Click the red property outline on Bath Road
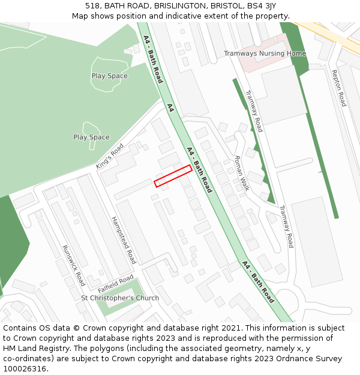(x=173, y=176)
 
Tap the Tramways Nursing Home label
(x=265, y=53)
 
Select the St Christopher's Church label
(x=120, y=298)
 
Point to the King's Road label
(x=110, y=156)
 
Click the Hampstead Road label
(x=124, y=240)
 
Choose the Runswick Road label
(x=74, y=265)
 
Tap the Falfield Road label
(x=116, y=281)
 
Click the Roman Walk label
(x=242, y=173)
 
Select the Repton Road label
(x=339, y=88)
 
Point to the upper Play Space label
(x=109, y=76)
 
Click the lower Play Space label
(x=91, y=137)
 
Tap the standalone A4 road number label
(x=170, y=108)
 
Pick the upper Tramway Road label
(x=254, y=111)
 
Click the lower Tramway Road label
(x=286, y=226)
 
